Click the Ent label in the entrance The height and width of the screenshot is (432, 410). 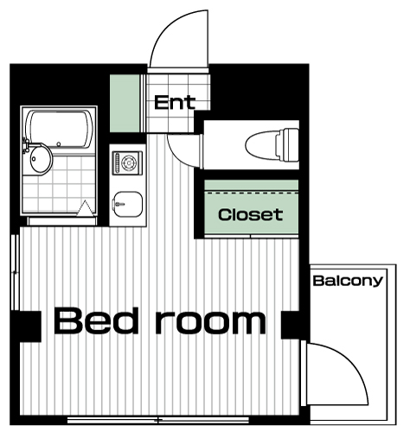[x=175, y=103]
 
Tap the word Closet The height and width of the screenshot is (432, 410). [x=250, y=214]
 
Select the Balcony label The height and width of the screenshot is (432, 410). [x=348, y=281]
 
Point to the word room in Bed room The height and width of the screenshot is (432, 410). [x=211, y=322]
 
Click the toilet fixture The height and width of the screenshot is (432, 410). [x=272, y=144]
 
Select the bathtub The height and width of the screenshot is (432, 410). [x=60, y=130]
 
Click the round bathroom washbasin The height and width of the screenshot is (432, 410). [x=41, y=159]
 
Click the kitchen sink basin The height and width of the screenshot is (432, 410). [x=128, y=205]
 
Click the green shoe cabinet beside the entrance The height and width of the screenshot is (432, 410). [x=125, y=103]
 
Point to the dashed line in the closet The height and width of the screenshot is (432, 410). [x=252, y=193]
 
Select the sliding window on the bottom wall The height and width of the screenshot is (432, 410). [x=158, y=420]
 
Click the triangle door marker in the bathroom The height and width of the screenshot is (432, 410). [x=86, y=208]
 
